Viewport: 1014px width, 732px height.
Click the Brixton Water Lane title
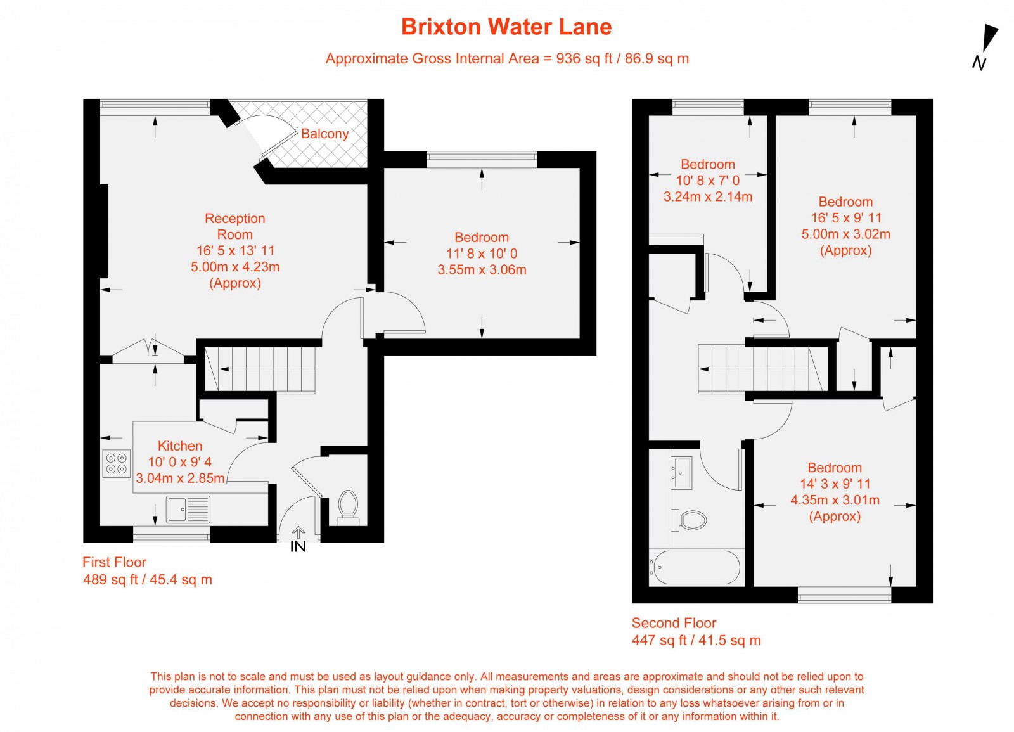(506, 27)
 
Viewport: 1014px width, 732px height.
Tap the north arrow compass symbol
(986, 44)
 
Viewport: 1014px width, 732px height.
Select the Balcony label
(324, 134)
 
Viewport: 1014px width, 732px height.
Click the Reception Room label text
(234, 226)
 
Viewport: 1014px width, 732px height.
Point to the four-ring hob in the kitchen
(116, 463)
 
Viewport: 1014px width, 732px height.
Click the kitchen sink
(188, 509)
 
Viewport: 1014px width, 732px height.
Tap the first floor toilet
(348, 506)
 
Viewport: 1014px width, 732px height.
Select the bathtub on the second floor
(696, 567)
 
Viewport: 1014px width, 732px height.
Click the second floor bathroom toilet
(690, 520)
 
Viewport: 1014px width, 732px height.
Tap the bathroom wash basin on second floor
(682, 472)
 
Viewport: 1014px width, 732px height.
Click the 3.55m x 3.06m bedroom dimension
(482, 270)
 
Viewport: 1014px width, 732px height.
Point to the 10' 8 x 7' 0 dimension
(707, 181)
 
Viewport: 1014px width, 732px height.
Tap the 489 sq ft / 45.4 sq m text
(148, 579)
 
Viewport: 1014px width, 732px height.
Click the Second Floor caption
(674, 623)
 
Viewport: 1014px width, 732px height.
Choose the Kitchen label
(180, 446)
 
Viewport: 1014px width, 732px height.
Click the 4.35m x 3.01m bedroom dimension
(835, 500)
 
